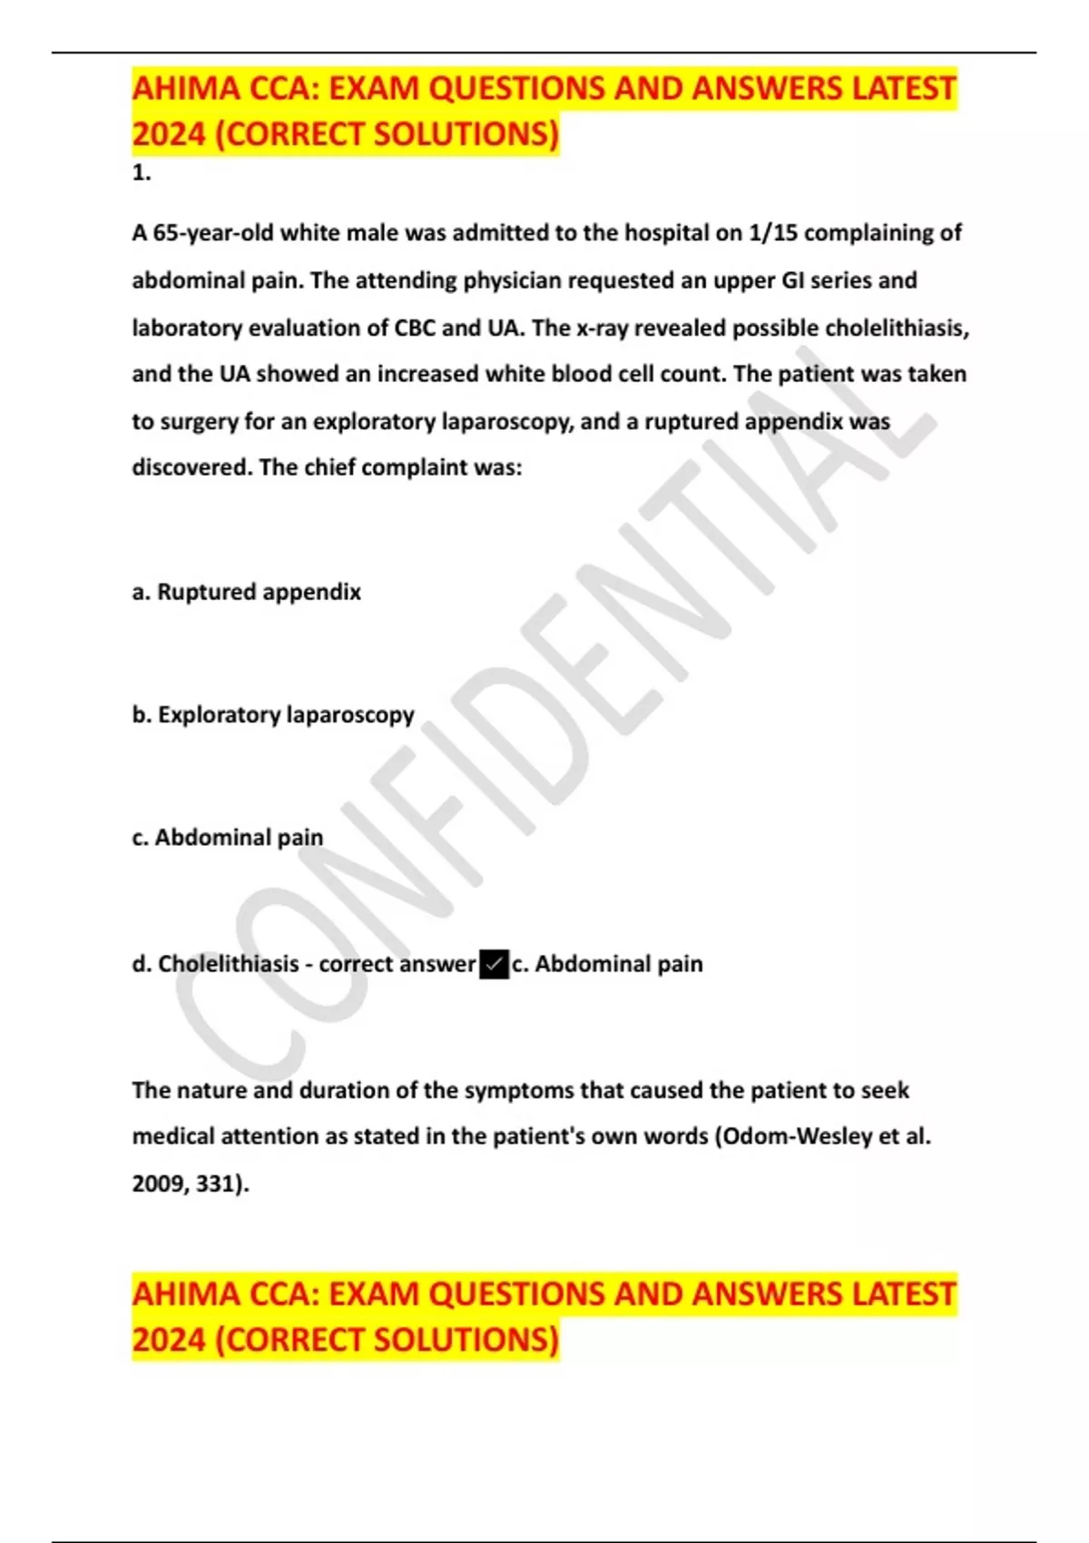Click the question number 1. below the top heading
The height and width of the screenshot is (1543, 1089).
point(142,173)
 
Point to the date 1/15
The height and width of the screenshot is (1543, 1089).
point(772,233)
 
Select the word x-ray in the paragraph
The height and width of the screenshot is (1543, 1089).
point(602,328)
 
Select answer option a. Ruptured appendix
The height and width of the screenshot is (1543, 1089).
point(246,592)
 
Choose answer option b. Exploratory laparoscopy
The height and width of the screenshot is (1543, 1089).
point(272,715)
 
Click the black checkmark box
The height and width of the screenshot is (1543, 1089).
point(494,964)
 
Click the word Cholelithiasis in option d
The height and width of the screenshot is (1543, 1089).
point(228,964)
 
